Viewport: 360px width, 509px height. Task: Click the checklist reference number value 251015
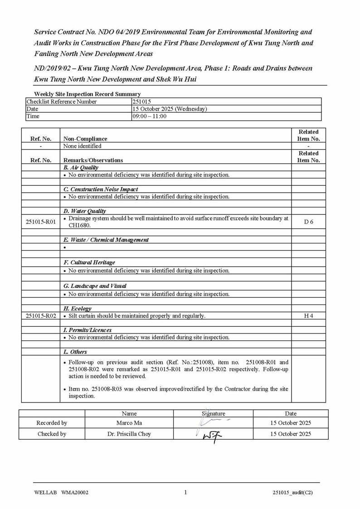(x=141, y=102)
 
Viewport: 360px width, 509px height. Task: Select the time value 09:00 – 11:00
(x=149, y=116)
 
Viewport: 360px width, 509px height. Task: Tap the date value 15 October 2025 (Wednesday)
(x=170, y=109)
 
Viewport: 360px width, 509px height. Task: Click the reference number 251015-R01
(x=41, y=222)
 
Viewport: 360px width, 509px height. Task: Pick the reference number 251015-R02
(x=41, y=315)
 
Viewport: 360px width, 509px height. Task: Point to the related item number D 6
(x=308, y=222)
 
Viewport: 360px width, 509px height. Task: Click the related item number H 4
(x=308, y=315)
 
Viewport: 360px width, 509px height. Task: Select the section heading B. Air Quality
(x=81, y=168)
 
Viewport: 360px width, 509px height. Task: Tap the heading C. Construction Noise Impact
(x=101, y=189)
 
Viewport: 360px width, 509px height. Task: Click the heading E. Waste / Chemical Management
(x=106, y=240)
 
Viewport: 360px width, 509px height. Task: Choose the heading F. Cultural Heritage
(x=89, y=262)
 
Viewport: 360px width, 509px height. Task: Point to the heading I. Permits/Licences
(x=88, y=330)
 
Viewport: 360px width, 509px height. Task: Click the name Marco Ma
(x=129, y=423)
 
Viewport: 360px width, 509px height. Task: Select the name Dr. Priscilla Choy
(x=129, y=434)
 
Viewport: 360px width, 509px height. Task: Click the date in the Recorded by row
(x=291, y=423)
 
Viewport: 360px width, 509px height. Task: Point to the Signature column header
(x=213, y=413)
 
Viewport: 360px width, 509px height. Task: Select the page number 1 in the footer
(x=185, y=492)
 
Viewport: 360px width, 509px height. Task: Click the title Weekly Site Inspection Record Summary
(x=87, y=94)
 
